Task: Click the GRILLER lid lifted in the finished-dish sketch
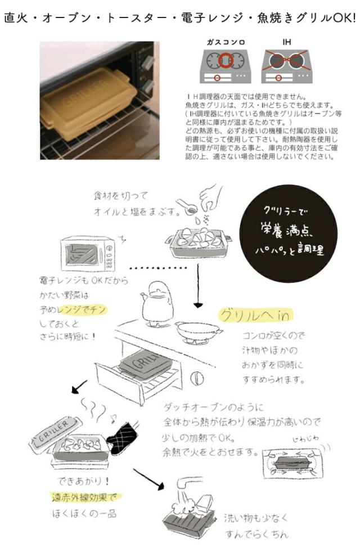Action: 54,432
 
